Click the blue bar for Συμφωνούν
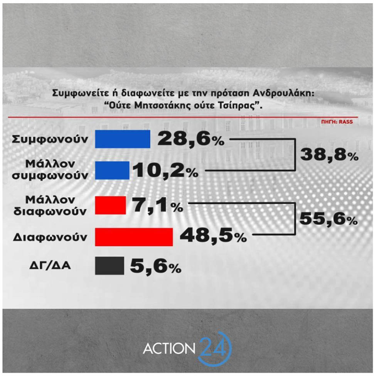coord(122,139)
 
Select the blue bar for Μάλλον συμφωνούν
coord(112,170)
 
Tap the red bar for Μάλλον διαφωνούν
coord(110,205)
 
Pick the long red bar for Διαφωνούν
coord(133,236)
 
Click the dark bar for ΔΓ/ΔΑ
coord(109,266)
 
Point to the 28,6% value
coord(190,139)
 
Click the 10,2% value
coord(165,171)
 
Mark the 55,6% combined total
coord(329,220)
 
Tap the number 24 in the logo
coord(214,347)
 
